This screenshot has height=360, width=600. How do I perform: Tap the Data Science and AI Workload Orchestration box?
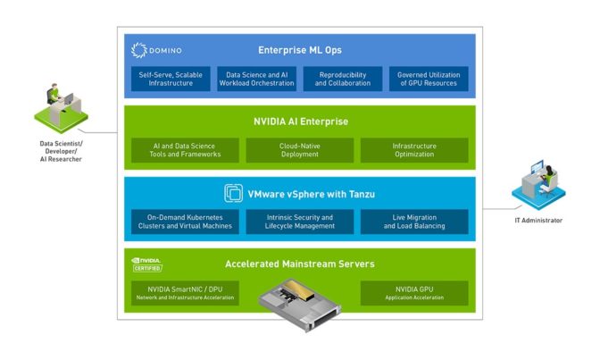point(257,79)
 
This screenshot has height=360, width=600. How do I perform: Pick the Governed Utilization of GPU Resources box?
point(428,79)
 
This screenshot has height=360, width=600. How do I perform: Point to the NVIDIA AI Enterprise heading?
point(300,121)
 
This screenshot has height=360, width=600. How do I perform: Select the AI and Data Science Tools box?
point(184,150)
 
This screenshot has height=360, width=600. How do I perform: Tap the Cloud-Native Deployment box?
point(299,150)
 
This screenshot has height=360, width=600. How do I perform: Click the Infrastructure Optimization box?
point(413,150)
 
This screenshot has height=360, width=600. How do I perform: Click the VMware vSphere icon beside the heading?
point(232,192)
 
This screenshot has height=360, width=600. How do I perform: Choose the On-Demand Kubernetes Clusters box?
point(184,222)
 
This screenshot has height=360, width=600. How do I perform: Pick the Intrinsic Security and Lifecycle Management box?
point(299,222)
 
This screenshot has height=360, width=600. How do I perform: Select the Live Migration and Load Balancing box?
point(413,222)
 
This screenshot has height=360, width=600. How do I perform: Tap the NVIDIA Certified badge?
point(147,264)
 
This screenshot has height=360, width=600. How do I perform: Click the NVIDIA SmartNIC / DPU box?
point(184,293)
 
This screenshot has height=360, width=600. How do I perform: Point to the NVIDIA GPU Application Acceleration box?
point(413,293)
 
